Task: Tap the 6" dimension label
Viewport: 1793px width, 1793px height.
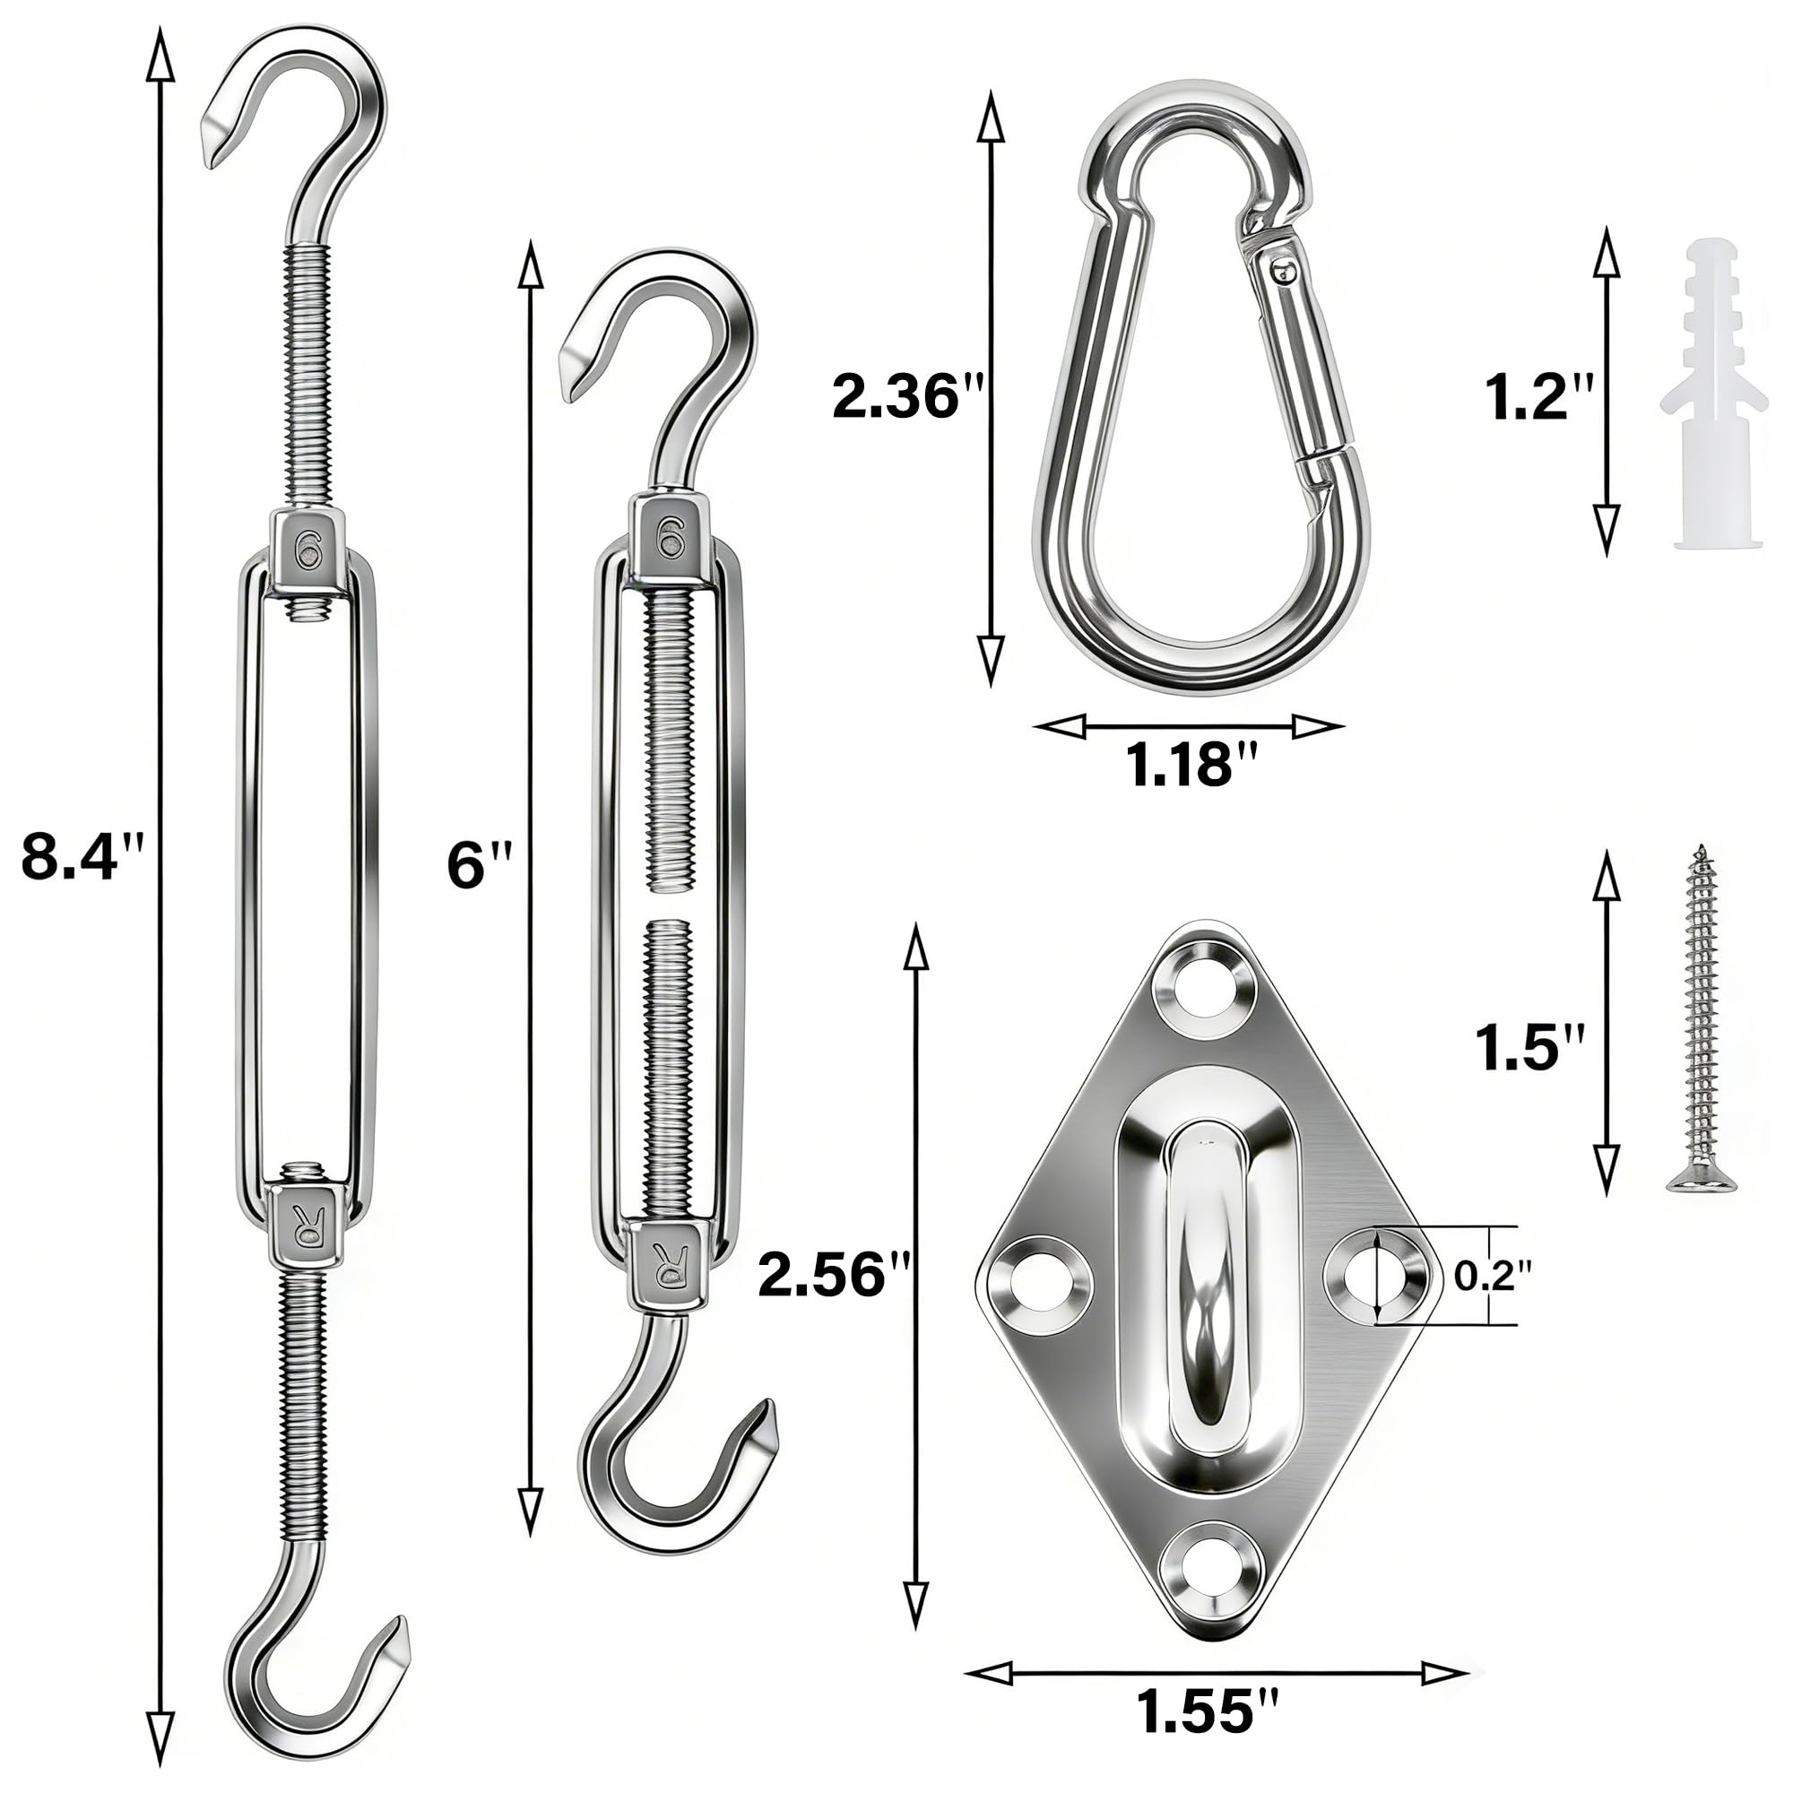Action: pyautogui.click(x=479, y=865)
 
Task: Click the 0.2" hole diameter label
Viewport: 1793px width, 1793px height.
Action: pyautogui.click(x=1493, y=1277)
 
